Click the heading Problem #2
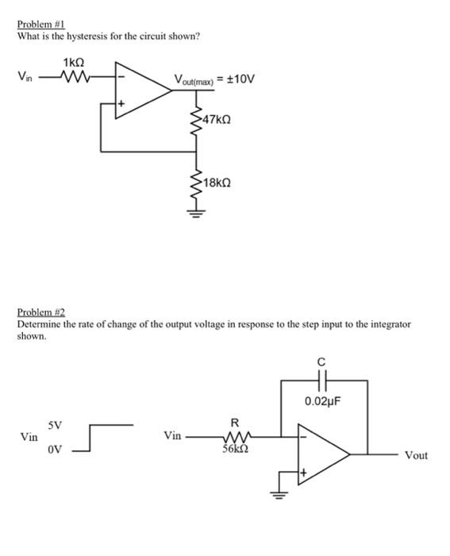tap(39, 314)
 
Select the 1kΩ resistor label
tap(72, 64)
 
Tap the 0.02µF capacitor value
tap(321, 401)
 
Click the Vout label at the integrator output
tap(416, 455)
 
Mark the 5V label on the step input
tap(54, 424)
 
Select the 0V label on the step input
tap(54, 450)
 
